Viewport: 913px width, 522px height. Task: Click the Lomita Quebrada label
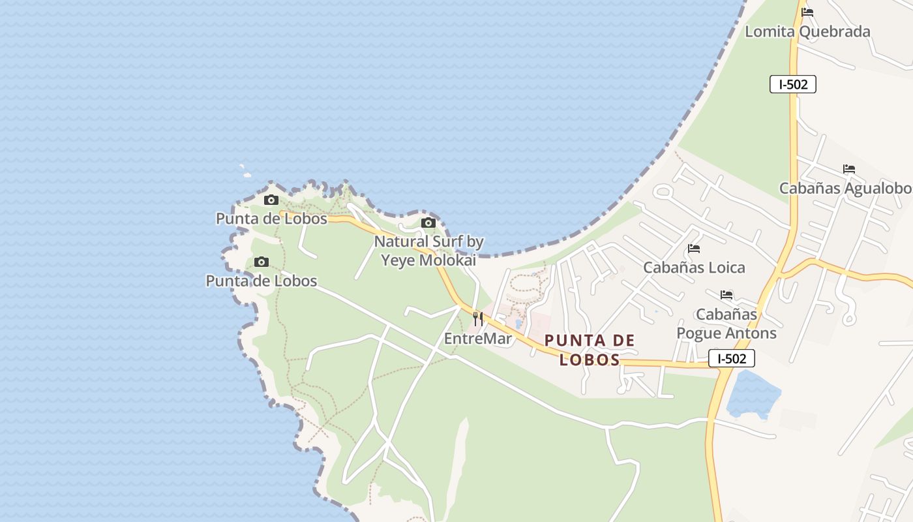pos(807,31)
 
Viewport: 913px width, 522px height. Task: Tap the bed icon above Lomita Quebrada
pos(807,12)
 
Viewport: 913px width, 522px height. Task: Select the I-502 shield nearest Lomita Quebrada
pos(792,84)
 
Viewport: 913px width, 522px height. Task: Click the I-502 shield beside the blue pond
pos(731,358)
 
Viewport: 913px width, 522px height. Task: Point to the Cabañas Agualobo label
pos(846,189)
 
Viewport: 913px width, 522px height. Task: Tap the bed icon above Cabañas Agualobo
pos(848,169)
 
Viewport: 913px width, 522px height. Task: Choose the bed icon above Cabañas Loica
pos(694,249)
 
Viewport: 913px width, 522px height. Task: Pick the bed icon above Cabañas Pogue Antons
pos(726,295)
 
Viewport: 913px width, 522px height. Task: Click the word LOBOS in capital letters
pos(590,360)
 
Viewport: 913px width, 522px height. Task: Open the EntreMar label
pos(478,339)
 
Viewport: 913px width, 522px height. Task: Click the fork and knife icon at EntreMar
pos(478,319)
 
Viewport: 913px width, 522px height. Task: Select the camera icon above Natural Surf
pos(428,223)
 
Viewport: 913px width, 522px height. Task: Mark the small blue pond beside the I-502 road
pos(753,393)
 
